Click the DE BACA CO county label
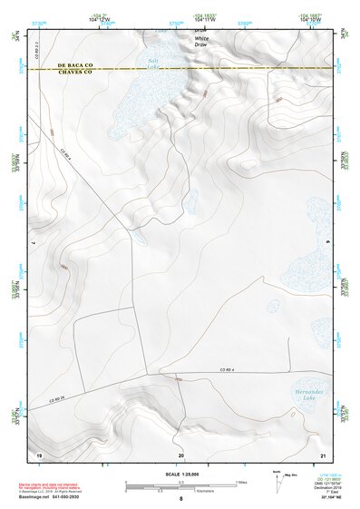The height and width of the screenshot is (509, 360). click(75, 65)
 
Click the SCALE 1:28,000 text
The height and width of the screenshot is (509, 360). click(180, 474)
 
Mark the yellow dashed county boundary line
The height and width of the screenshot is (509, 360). click(227, 69)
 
